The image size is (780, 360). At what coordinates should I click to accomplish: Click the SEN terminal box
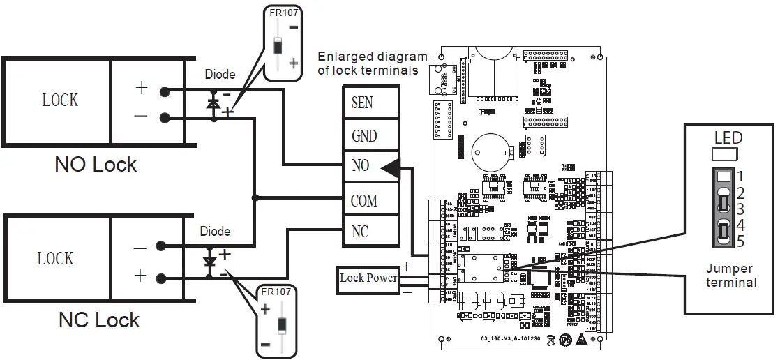pos(370,103)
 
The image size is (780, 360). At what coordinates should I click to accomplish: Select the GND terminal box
pos(370,135)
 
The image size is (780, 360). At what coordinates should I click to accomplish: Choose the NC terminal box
pos(370,231)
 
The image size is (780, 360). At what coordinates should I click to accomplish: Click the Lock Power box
pos(368,278)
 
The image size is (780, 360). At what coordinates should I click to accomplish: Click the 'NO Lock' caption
pos(96,165)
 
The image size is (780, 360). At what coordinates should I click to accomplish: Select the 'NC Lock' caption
pos(99,320)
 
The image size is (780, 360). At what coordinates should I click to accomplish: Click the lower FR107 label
pos(275,292)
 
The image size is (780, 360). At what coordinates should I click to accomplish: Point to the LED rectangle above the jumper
pos(725,154)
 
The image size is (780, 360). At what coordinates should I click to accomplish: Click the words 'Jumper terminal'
pos(730,276)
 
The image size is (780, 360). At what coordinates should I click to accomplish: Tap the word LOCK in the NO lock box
pos(60,100)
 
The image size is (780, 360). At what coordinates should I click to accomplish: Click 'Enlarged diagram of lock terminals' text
pos(372,63)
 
